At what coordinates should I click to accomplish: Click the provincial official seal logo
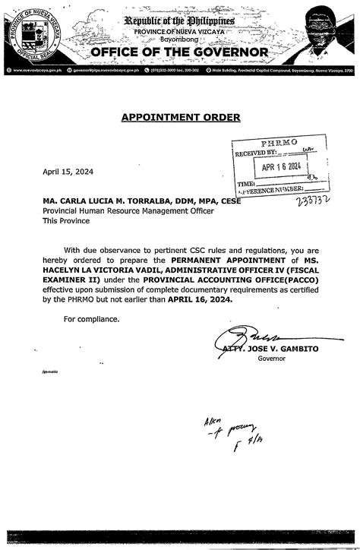tap(31, 36)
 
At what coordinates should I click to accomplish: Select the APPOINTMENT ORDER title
tap(180, 117)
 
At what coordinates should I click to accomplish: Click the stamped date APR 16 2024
tap(282, 167)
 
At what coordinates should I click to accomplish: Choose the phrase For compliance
tap(91, 319)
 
